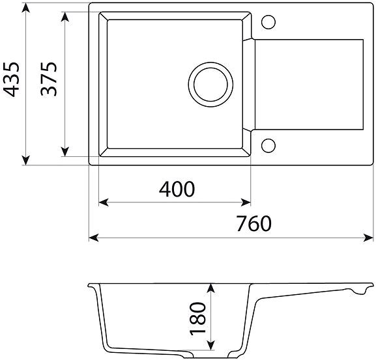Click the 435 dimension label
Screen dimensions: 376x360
click(x=11, y=79)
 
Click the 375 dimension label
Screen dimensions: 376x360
click(x=49, y=79)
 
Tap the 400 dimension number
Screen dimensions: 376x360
click(x=177, y=189)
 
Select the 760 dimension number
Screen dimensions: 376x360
click(x=254, y=223)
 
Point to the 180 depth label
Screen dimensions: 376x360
click(x=198, y=318)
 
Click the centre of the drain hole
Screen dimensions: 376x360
click(x=210, y=85)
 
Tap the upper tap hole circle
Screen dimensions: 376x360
click(x=268, y=22)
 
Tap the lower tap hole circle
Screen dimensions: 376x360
click(x=268, y=146)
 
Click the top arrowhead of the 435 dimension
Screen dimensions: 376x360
click(x=26, y=8)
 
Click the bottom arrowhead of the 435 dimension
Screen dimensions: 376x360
click(x=26, y=160)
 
